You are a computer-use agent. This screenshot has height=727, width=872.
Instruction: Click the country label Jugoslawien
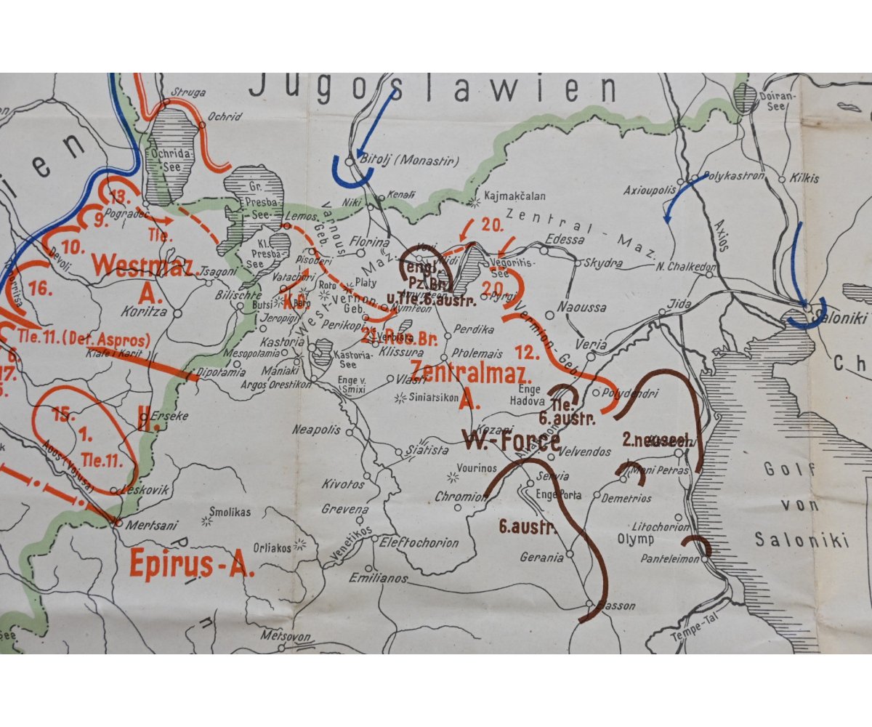coord(432,89)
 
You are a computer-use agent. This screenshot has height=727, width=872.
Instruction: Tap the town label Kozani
coord(490,430)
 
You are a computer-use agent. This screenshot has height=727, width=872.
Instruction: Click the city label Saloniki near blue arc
coord(842,318)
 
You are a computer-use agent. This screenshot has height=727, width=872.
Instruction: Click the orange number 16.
coord(41,289)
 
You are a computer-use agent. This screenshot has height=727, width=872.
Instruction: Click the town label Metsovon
coord(286,637)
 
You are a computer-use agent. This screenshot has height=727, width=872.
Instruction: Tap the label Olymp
coord(636,539)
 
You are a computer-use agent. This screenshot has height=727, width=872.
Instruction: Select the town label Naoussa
coord(581,308)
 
